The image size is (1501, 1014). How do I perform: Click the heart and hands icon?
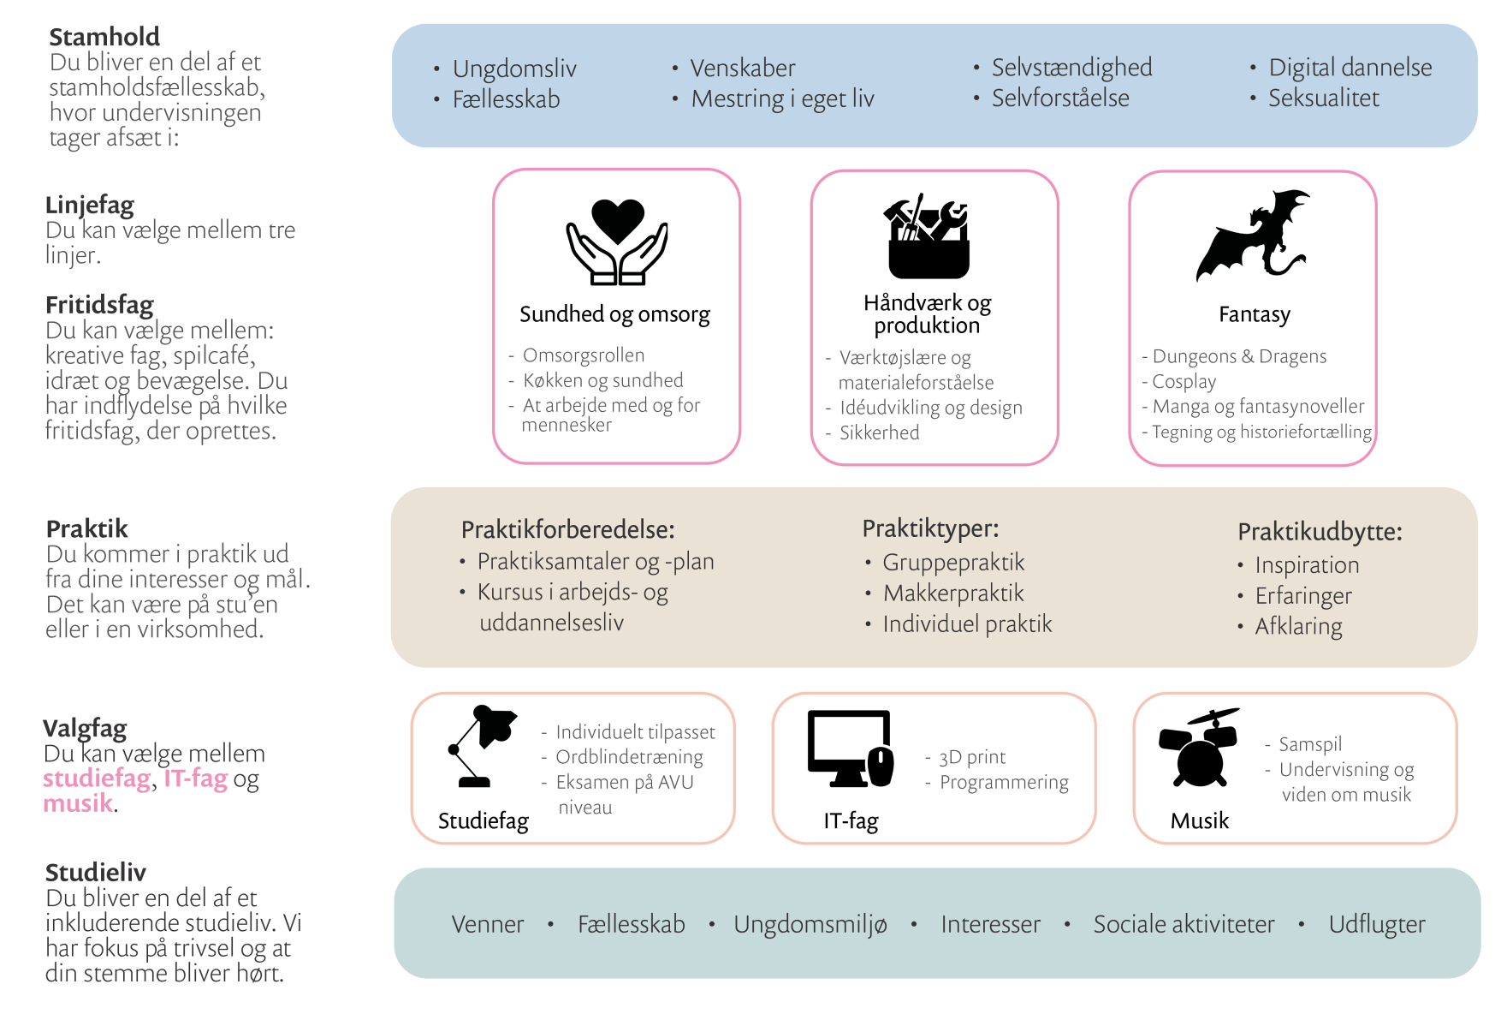click(x=617, y=242)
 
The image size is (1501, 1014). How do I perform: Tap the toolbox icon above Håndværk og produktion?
click(x=928, y=236)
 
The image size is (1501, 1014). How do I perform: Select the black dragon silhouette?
click(x=1253, y=236)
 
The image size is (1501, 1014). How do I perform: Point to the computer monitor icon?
click(x=851, y=748)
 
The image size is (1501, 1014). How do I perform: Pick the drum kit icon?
click(x=1199, y=748)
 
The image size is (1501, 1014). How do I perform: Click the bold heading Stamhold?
click(x=104, y=37)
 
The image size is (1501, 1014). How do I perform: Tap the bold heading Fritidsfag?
click(x=99, y=305)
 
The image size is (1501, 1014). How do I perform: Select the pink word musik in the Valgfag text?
click(x=78, y=803)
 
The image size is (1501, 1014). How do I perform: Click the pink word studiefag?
click(x=97, y=778)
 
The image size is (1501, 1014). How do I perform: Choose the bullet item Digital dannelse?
click(x=1350, y=68)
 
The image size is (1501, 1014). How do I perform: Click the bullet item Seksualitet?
click(x=1323, y=98)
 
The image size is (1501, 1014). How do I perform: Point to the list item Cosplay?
click(x=1184, y=381)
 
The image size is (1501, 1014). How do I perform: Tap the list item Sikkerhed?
click(x=879, y=432)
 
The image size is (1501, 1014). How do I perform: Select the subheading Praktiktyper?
click(x=930, y=528)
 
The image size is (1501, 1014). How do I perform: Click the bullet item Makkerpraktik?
click(x=953, y=593)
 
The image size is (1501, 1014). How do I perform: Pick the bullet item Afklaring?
click(x=1298, y=626)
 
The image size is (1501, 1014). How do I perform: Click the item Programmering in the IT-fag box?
click(x=1004, y=782)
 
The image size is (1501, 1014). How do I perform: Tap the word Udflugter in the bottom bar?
click(x=1376, y=924)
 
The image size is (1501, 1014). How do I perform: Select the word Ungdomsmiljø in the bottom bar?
click(x=810, y=924)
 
